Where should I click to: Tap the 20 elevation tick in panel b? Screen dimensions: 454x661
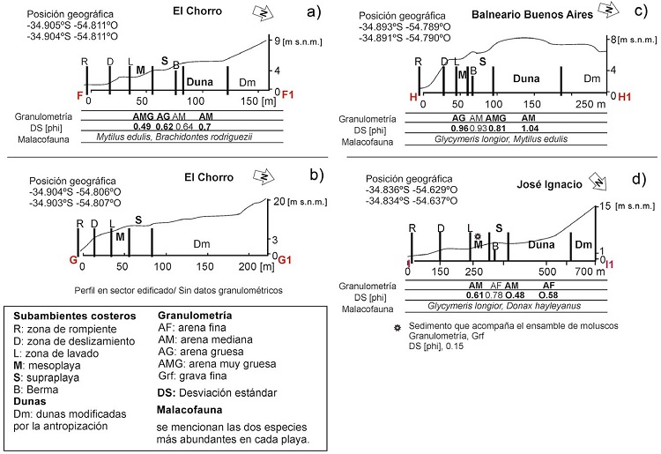coord(279,200)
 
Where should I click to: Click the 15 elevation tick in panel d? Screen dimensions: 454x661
coord(605,205)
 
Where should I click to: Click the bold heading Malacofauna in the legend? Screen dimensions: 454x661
coord(189,410)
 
